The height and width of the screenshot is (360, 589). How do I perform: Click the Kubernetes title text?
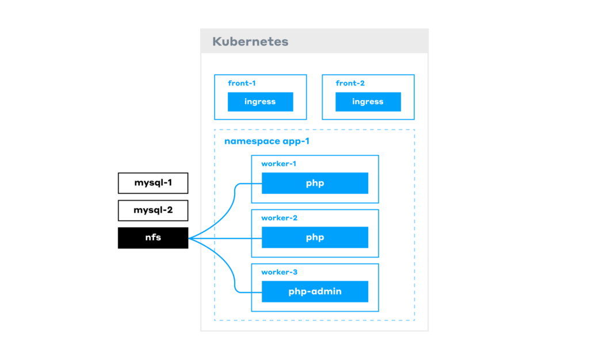(x=250, y=41)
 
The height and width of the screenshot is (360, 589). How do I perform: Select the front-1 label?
(x=242, y=83)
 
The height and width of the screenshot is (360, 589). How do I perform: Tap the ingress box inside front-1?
(x=260, y=102)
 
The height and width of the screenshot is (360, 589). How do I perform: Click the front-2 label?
(x=350, y=83)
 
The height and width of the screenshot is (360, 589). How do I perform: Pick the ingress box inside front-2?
(x=368, y=102)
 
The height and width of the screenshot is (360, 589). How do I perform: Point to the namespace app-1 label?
(x=263, y=141)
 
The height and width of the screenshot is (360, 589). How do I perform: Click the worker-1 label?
(x=278, y=164)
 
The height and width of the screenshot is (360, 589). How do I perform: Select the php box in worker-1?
(x=315, y=183)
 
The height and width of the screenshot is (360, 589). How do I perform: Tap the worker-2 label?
(x=279, y=218)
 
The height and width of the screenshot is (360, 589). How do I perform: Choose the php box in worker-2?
(x=315, y=237)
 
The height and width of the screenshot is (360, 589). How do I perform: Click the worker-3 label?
(x=279, y=272)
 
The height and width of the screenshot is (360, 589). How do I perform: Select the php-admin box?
(x=315, y=291)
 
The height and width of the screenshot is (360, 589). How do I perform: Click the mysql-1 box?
(x=153, y=183)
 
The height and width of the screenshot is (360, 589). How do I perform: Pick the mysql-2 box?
(x=153, y=210)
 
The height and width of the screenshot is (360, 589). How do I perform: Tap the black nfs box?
(x=153, y=238)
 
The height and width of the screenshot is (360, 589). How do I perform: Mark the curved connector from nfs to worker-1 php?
(x=235, y=198)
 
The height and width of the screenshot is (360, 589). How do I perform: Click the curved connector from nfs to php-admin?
(x=235, y=277)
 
